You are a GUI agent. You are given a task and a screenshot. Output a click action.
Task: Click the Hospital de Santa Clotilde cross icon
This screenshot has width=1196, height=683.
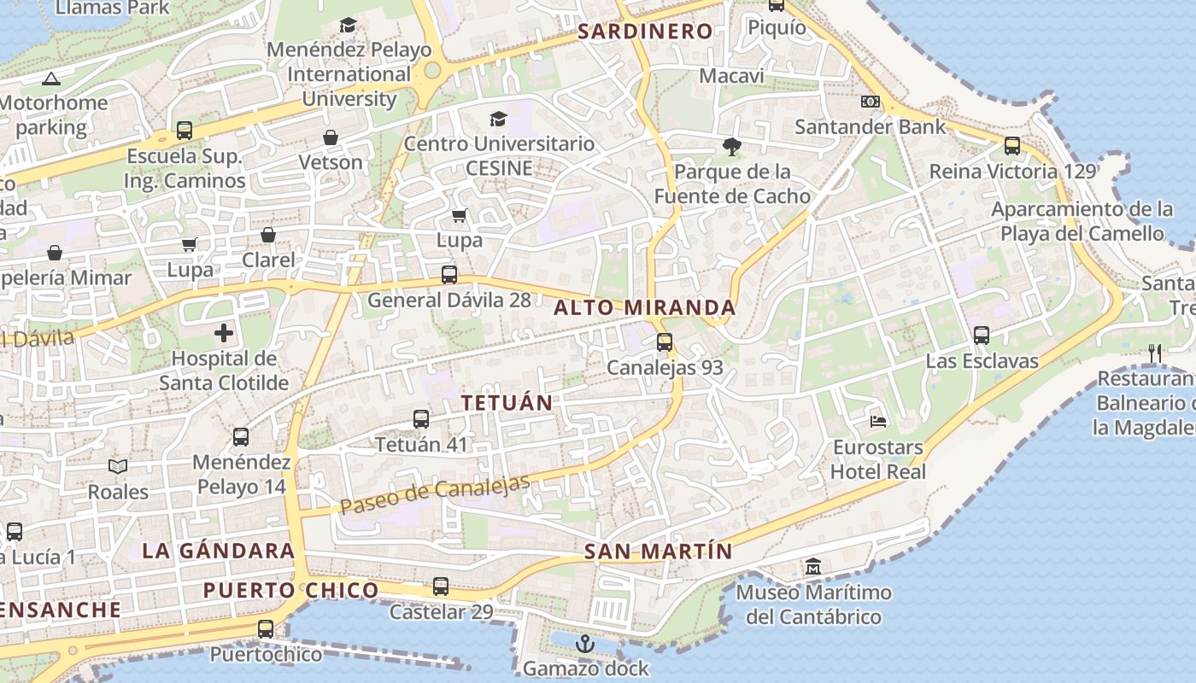coord(224,333)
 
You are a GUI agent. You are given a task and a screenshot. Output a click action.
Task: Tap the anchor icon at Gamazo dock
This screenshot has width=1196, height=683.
coord(585,643)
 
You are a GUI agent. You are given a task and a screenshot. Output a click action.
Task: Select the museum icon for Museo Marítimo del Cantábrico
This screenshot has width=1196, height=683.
coord(812,567)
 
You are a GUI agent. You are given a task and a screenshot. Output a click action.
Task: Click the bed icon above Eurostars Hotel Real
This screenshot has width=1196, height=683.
coord(877,421)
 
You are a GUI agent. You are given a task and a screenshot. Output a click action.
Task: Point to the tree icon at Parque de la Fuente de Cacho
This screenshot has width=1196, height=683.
coord(731,146)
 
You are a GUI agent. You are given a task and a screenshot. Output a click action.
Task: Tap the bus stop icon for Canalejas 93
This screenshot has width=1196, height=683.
coord(665,342)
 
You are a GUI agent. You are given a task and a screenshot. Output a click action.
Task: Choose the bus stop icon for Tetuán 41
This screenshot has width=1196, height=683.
coord(421,419)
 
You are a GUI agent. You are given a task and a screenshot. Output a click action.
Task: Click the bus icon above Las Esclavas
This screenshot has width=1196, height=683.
coord(982,336)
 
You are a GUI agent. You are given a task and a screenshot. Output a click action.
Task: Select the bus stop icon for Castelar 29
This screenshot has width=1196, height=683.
coord(441,587)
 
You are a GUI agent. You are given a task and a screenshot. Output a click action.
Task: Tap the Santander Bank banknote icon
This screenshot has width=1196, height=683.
coord(871,102)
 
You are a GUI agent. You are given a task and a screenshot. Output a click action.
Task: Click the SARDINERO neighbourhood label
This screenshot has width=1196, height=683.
coord(645,32)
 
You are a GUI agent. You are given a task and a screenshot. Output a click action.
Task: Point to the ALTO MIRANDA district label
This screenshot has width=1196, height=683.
coord(645,307)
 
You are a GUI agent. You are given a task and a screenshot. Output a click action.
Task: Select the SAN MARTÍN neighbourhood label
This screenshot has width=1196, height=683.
coord(659,552)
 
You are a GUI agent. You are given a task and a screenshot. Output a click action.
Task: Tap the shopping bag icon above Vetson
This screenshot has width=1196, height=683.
coord(331,137)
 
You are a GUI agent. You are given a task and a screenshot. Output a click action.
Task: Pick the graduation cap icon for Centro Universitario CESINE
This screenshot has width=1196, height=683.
coord(498,119)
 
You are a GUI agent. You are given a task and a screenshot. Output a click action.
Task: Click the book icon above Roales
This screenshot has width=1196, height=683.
coord(118,466)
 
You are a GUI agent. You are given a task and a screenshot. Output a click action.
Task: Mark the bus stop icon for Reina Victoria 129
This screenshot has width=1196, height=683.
coord(1012,146)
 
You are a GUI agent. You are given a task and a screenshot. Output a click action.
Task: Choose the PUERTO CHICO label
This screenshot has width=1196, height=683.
coord(290,590)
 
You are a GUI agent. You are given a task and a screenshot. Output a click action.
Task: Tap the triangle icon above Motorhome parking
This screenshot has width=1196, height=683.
coord(50,79)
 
